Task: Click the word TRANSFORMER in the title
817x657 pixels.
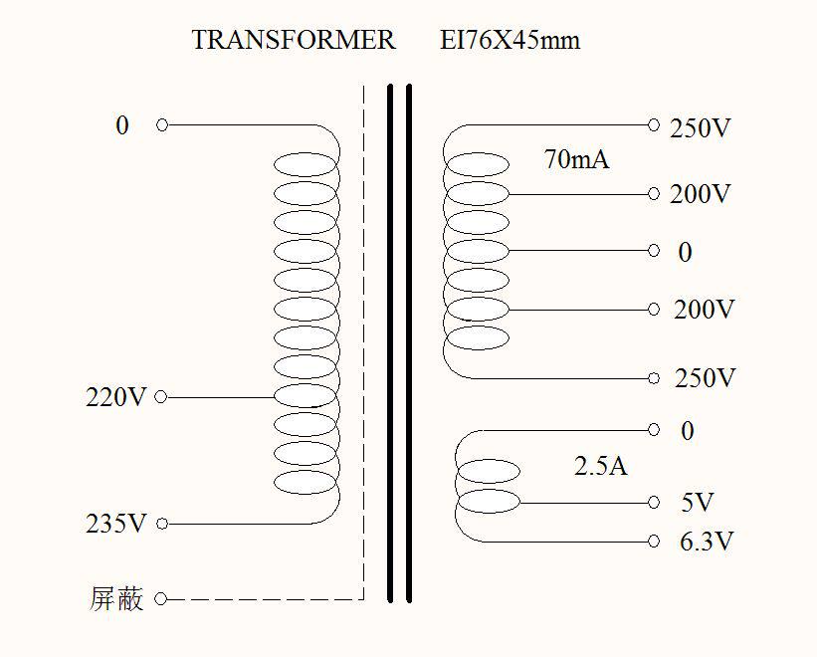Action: tap(294, 41)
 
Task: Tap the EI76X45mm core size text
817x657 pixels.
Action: tap(510, 41)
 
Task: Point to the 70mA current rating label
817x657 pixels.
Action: tap(576, 159)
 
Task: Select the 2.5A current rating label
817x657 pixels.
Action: tap(601, 466)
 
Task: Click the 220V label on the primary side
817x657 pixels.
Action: tap(116, 397)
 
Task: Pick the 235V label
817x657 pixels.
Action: tap(116, 524)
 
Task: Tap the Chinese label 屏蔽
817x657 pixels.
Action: tap(116, 599)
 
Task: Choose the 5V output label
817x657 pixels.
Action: tap(698, 503)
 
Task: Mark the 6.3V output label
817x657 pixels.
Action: tap(707, 542)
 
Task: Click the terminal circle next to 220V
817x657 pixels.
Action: tap(161, 397)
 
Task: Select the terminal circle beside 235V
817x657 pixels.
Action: tap(161, 524)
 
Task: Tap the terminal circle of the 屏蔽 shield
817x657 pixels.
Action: tap(161, 599)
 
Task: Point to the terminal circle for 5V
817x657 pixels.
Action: tap(654, 503)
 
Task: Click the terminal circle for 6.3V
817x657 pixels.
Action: tap(654, 542)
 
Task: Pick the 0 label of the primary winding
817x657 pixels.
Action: tap(122, 125)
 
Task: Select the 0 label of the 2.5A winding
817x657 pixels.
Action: tap(688, 431)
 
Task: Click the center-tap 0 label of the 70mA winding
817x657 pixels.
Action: tap(685, 253)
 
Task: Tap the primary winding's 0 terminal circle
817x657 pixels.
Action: tap(161, 125)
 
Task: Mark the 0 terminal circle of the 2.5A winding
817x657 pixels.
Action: tap(654, 430)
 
